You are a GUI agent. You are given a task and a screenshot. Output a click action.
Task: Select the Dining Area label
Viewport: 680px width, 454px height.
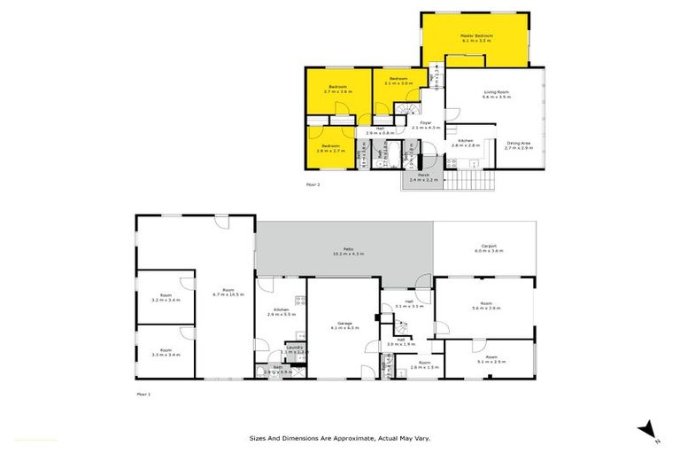tap(519, 145)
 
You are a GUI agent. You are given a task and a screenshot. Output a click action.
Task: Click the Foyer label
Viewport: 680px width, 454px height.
tap(425, 125)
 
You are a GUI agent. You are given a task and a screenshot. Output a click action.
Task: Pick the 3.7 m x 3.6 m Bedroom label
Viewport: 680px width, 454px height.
tap(337, 89)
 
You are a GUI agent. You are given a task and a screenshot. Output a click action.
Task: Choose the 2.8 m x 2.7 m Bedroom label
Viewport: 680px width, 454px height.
tap(331, 148)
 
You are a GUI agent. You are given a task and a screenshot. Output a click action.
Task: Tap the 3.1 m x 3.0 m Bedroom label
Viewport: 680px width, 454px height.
tap(396, 81)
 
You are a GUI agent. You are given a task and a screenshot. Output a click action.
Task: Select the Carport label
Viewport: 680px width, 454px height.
tap(488, 248)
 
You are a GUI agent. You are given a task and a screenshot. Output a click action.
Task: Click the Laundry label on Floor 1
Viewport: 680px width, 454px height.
tap(295, 349)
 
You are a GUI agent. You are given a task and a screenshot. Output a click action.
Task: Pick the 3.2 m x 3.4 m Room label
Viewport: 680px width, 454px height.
tap(166, 297)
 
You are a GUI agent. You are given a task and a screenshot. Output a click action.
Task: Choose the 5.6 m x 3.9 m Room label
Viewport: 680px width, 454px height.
tap(487, 306)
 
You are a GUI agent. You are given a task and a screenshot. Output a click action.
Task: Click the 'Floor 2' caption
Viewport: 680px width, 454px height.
tap(313, 184)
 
